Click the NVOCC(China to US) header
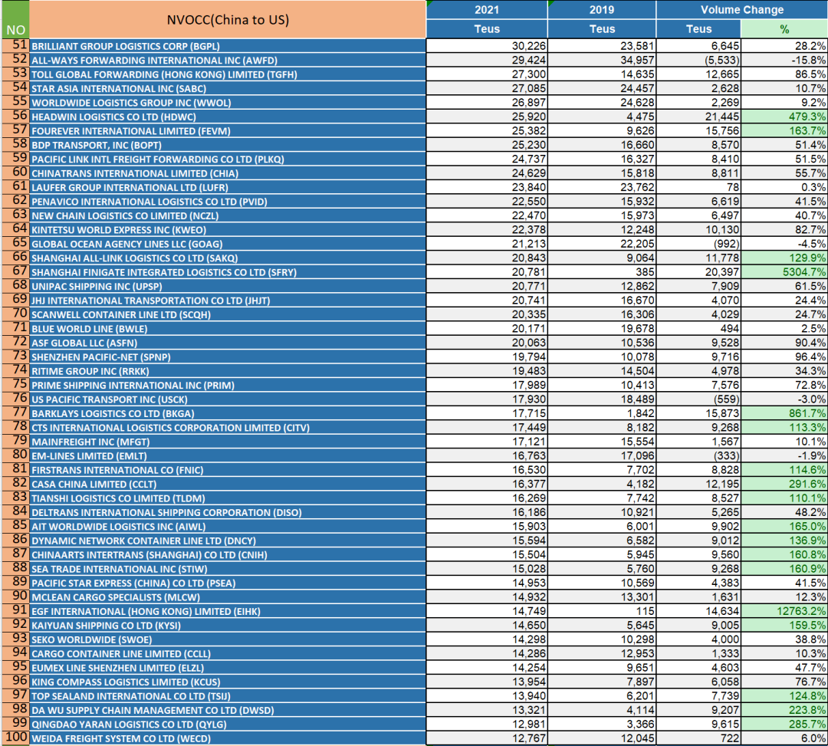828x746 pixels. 228,19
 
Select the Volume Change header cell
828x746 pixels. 742,9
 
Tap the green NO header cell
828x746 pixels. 15,19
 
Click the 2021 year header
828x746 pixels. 486,9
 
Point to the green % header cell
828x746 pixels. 784,29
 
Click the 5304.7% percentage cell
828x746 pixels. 784,272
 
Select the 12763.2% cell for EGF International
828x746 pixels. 784,611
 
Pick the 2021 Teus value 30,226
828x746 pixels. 528,46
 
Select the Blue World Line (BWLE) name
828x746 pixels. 89,329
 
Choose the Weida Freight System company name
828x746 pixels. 121,738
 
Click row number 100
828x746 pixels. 16,737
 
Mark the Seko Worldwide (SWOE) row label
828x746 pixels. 91,640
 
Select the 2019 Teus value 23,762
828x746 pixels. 637,187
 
